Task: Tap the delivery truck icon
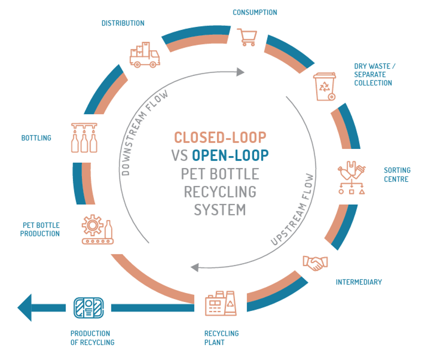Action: click(x=144, y=54)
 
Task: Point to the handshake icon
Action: click(x=315, y=263)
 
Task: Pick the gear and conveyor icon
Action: click(x=97, y=229)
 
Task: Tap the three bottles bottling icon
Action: click(x=83, y=137)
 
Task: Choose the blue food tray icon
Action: click(x=88, y=307)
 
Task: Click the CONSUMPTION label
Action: click(x=254, y=12)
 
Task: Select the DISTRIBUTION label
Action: click(x=122, y=23)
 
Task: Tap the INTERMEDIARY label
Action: click(x=358, y=282)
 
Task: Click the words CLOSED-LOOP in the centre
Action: click(x=220, y=137)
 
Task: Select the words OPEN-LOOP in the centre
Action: click(x=230, y=155)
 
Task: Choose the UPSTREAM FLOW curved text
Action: click(x=293, y=210)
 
